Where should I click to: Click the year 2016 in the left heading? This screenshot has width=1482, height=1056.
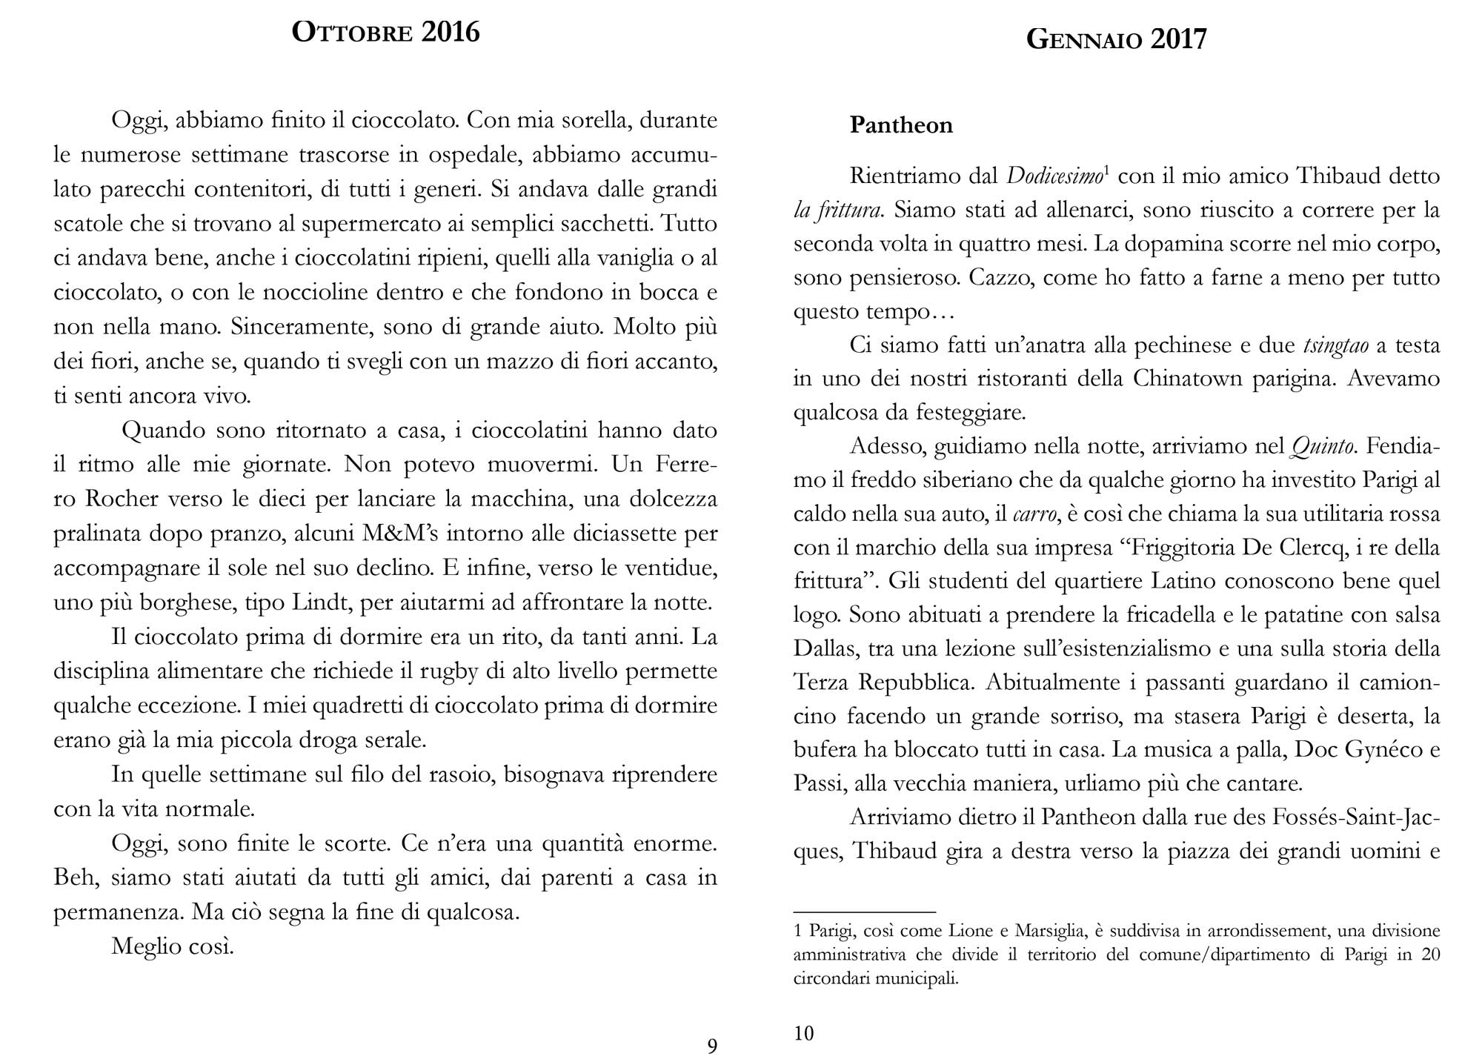click(x=451, y=33)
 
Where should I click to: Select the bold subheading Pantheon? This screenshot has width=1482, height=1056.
click(x=901, y=125)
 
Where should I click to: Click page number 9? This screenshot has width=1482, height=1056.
click(x=712, y=1046)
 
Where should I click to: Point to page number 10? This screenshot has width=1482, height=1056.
click(x=803, y=1033)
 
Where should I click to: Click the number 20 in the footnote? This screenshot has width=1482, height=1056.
click(x=1430, y=954)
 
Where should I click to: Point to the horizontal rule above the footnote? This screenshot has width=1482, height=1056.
click(x=864, y=911)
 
